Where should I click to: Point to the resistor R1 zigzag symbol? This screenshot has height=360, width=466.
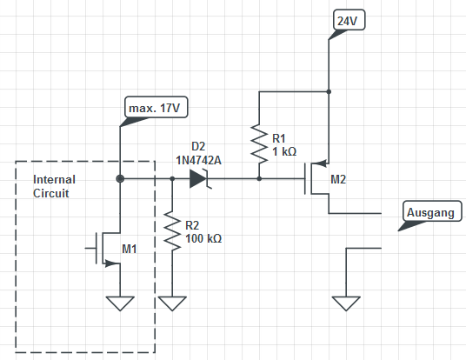coord(259,144)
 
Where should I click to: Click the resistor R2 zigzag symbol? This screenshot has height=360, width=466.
coord(172,230)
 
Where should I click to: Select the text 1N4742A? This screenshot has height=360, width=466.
coord(198,161)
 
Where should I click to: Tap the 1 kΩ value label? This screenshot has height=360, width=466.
coord(284,151)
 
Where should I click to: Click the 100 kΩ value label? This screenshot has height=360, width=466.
coord(203,238)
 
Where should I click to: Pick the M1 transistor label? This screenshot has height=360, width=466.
coord(130,249)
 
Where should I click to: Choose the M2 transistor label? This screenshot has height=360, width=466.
coord(338,179)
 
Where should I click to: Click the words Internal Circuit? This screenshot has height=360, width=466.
coord(54,186)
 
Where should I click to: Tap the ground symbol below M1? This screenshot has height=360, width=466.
coord(120,303)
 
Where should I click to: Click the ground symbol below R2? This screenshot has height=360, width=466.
coord(172,303)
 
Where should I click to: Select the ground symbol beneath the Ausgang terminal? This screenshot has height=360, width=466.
coord(346,303)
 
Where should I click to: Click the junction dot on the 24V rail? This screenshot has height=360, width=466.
coord(329,91)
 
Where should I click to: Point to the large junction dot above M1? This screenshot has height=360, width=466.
coord(120,178)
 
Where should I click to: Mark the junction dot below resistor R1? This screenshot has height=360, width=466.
coord(259,178)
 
